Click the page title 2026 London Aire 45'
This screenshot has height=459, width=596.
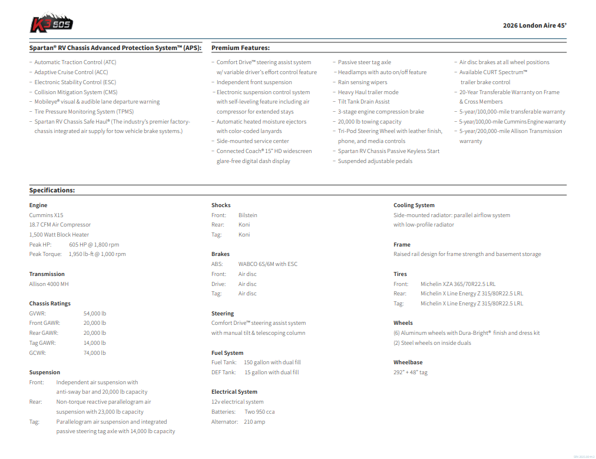click(534, 25)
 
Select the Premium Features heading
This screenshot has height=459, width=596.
click(240, 48)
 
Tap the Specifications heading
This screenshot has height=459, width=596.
click(52, 190)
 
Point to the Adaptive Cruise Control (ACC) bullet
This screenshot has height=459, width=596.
click(71, 72)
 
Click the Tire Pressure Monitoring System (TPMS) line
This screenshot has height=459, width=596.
click(83, 111)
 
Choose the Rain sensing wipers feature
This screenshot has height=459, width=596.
click(362, 82)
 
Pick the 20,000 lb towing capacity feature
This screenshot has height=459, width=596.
click(369, 121)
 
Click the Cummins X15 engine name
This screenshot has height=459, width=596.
click(46, 215)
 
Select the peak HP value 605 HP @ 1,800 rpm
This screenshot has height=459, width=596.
click(94, 244)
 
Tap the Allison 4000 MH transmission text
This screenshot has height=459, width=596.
click(49, 284)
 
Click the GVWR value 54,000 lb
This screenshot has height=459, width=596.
click(95, 313)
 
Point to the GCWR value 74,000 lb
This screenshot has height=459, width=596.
click(95, 352)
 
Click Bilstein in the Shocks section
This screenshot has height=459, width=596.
click(248, 215)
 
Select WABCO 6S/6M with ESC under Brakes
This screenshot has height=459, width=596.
click(268, 264)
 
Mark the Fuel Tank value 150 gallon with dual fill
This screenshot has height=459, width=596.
click(272, 362)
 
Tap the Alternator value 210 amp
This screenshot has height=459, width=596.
click(255, 421)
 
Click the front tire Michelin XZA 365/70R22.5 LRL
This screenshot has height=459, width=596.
click(458, 284)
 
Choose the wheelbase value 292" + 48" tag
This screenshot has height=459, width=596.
click(410, 372)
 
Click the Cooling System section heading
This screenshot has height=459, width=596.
click(414, 205)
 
